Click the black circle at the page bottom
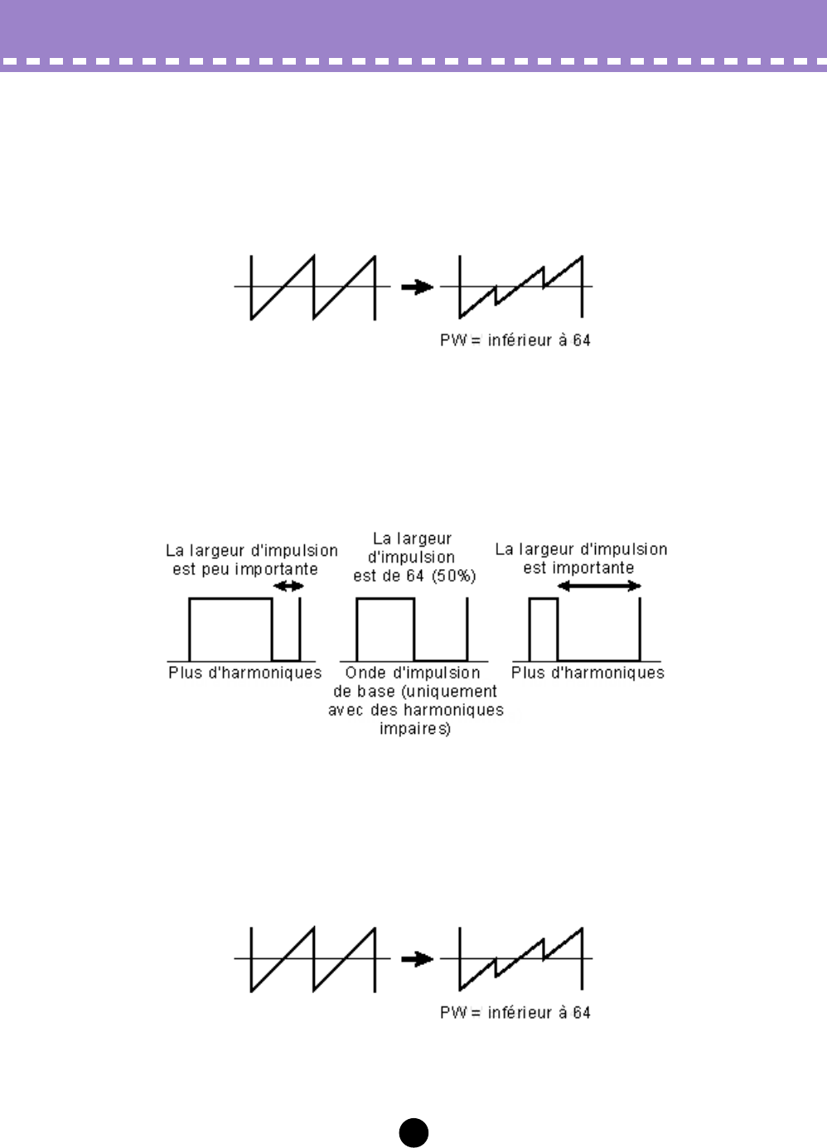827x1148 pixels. point(413,1132)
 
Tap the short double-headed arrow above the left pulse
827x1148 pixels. point(288,586)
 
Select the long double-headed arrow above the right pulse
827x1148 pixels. point(599,586)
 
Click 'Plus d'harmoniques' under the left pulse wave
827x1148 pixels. point(244,673)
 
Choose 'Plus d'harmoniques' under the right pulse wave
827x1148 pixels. point(588,673)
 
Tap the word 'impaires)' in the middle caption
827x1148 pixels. point(414,729)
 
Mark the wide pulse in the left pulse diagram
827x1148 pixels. point(230,628)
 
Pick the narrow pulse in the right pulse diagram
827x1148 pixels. point(543,628)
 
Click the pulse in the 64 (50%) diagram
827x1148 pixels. point(384,628)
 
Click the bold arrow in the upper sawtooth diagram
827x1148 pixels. point(417,287)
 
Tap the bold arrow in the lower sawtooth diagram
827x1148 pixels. point(417,959)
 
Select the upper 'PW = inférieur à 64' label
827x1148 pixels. point(515,340)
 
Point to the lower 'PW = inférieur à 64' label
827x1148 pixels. point(515,1012)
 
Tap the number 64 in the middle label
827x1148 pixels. point(414,576)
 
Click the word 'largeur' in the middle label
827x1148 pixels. point(424,539)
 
